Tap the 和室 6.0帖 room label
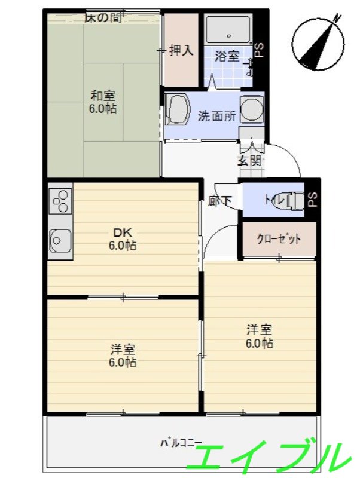click(103, 102)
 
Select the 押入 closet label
click(181, 51)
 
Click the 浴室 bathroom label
click(227, 56)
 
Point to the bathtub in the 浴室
click(228, 29)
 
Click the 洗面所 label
click(216, 116)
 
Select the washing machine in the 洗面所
click(251, 109)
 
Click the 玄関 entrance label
click(249, 160)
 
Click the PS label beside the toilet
click(312, 200)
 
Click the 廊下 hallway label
click(219, 201)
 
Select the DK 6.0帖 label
click(121, 238)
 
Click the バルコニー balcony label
click(181, 443)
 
